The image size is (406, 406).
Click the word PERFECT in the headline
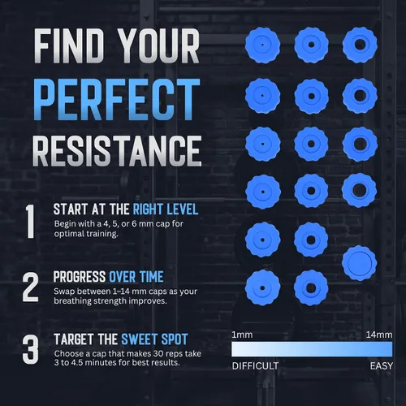117,99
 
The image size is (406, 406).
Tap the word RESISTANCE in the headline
117,150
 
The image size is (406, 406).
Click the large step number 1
30,222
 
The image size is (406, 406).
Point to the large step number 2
30,287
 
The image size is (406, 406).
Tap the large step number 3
30,350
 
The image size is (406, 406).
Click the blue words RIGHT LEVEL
166,209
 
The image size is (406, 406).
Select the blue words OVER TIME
136,277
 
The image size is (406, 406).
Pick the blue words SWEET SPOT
154,339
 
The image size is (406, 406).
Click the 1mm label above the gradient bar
242,335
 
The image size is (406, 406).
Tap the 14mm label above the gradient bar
379,335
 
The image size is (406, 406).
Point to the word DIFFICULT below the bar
255,366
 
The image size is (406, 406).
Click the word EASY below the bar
382,366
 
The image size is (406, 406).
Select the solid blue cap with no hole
359,263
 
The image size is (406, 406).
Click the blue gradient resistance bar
312,349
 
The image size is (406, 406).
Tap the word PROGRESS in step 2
80,277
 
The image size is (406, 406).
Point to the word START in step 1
71,209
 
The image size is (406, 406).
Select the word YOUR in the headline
158,46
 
